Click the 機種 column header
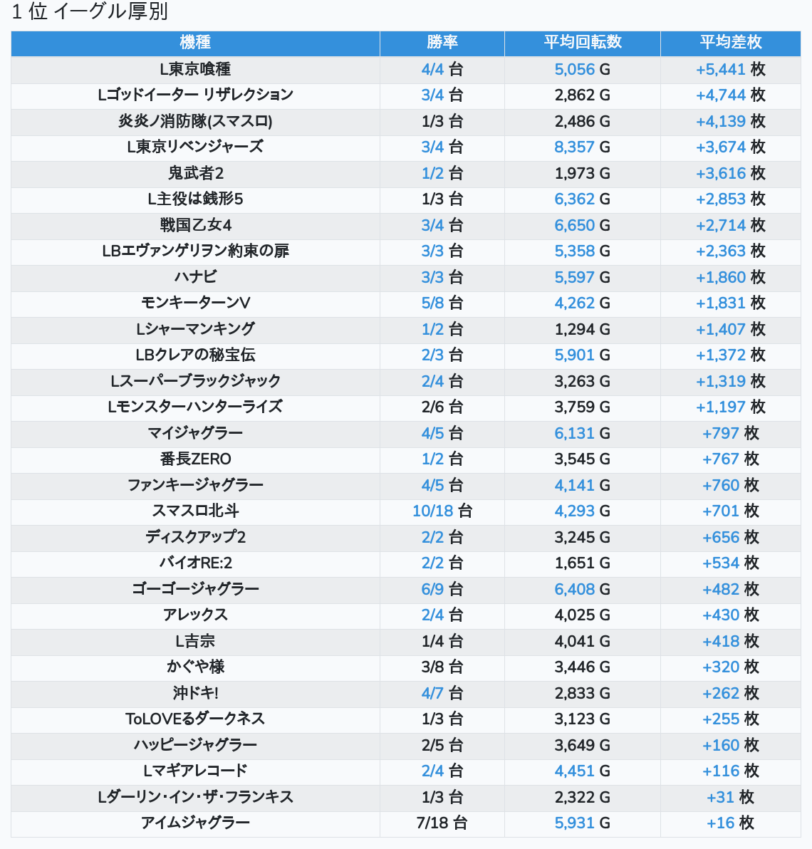click(195, 43)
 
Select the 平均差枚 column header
click(731, 43)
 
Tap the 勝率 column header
click(442, 43)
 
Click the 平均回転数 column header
click(583, 43)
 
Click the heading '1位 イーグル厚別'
click(90, 12)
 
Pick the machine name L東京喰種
click(195, 69)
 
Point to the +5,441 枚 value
click(731, 69)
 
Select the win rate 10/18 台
click(442, 511)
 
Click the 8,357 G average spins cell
click(583, 147)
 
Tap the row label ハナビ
click(195, 277)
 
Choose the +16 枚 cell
click(731, 823)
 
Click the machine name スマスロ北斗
click(195, 511)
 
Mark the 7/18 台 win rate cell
click(442, 823)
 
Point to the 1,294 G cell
click(583, 329)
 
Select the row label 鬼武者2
click(195, 173)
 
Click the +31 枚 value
click(731, 797)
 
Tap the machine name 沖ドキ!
click(195, 693)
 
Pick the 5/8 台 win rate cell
click(442, 303)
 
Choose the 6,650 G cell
click(583, 225)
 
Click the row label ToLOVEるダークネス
click(195, 719)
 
